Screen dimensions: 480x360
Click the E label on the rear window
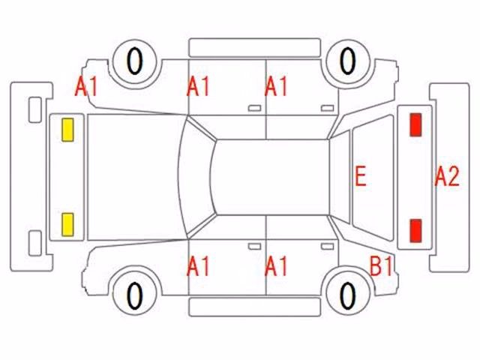[361, 176]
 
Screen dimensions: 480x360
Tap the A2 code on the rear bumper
[447, 176]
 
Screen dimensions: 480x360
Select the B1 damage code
[381, 265]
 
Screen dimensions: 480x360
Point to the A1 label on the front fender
[86, 86]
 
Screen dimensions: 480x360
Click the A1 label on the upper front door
[198, 86]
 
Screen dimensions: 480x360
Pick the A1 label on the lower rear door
[276, 266]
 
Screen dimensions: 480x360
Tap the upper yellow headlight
[67, 130]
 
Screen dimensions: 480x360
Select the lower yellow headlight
[67, 225]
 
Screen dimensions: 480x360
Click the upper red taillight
[415, 124]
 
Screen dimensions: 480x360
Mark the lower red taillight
[415, 230]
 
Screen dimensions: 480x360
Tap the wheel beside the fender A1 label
[135, 61]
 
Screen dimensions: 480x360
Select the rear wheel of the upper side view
[348, 61]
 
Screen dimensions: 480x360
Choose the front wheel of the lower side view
[135, 294]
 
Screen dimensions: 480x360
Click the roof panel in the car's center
[272, 177]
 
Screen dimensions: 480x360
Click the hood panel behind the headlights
[132, 177]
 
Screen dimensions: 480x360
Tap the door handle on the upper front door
[254, 108]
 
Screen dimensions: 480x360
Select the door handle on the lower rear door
[327, 247]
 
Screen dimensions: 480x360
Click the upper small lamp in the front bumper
[35, 109]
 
